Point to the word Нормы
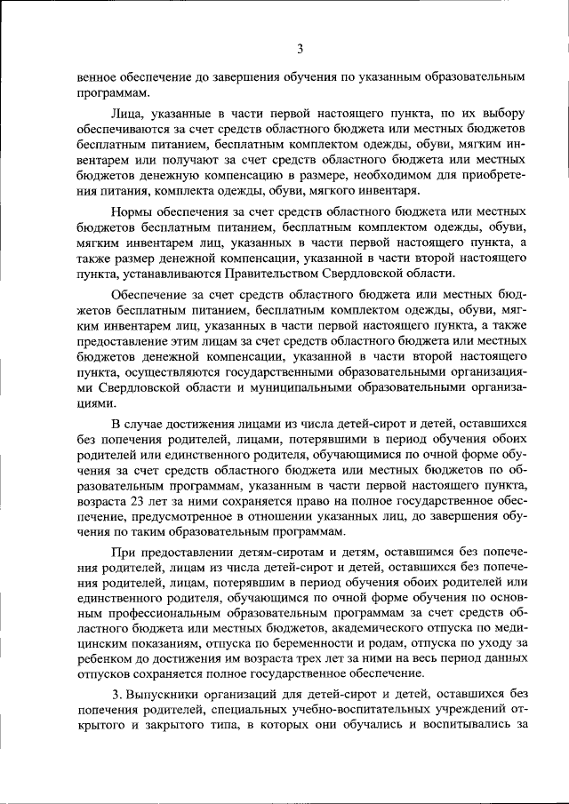pyautogui.click(x=132, y=212)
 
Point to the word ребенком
pyautogui.click(x=104, y=661)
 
